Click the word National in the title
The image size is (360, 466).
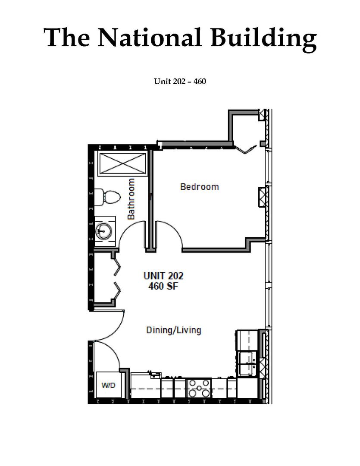pyautogui.click(x=150, y=37)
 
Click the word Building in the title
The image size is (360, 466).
pyautogui.click(x=263, y=39)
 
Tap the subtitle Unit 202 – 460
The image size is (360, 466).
pyautogui.click(x=180, y=81)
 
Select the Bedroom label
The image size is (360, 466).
pyautogui.click(x=199, y=187)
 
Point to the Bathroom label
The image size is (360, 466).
pyautogui.click(x=131, y=199)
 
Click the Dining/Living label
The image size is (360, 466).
pyautogui.click(x=173, y=330)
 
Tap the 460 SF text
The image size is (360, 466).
pyautogui.click(x=163, y=286)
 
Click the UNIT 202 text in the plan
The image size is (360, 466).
pyautogui.click(x=163, y=275)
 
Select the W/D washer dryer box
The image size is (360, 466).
pyautogui.click(x=108, y=385)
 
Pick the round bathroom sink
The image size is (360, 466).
pyautogui.click(x=103, y=230)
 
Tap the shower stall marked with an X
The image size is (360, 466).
pyautogui.click(x=122, y=163)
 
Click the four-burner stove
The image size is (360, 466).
pyautogui.click(x=199, y=388)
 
